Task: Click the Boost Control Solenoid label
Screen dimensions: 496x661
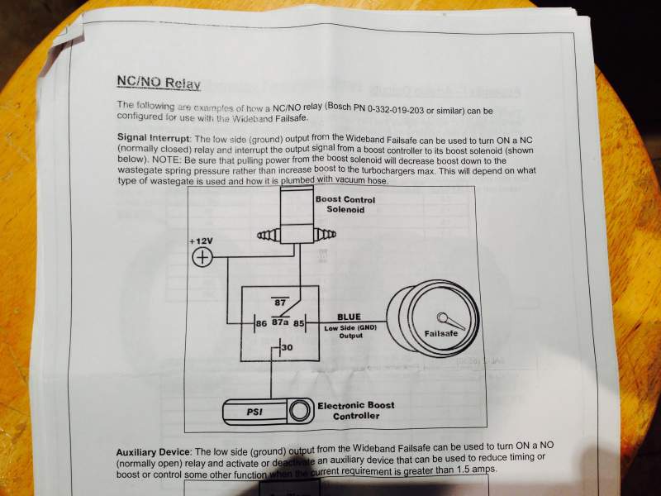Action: click(x=345, y=206)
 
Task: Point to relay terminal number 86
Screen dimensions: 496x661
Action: click(x=260, y=324)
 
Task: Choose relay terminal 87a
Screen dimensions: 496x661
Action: click(x=280, y=324)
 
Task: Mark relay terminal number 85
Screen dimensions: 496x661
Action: click(x=300, y=324)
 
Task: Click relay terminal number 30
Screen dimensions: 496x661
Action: click(x=288, y=350)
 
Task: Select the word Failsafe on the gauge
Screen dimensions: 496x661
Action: click(x=441, y=334)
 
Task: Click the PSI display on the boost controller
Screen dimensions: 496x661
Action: click(x=255, y=411)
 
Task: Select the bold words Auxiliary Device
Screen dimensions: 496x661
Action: click(x=152, y=454)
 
